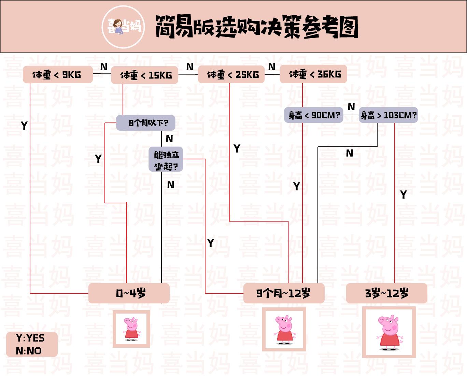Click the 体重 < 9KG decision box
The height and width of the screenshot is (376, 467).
[57, 75]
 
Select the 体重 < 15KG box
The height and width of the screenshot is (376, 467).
[145, 75]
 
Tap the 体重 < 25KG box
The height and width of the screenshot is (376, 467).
[231, 74]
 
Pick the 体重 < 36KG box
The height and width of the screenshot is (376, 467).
[313, 74]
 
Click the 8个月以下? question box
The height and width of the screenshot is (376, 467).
[146, 123]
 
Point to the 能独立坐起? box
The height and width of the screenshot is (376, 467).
[166, 159]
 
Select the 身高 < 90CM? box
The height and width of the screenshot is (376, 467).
[314, 115]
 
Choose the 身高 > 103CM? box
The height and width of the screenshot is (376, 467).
[388, 115]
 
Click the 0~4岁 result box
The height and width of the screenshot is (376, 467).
[129, 293]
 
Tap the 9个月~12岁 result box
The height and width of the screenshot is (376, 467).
[284, 293]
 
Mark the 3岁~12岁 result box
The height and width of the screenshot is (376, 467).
[387, 293]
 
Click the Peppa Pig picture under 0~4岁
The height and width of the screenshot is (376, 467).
[131, 329]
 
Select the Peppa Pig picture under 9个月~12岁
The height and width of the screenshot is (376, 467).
[284, 329]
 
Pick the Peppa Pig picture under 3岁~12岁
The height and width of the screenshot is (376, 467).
[389, 332]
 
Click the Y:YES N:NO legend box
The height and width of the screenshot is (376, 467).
[32, 344]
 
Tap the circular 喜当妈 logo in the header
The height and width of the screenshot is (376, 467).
[124, 27]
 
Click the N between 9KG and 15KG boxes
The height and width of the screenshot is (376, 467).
[104, 67]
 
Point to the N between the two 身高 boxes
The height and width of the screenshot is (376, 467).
[351, 107]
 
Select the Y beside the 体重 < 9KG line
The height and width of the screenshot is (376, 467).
[24, 126]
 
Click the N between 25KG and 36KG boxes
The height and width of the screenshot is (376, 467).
[272, 67]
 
